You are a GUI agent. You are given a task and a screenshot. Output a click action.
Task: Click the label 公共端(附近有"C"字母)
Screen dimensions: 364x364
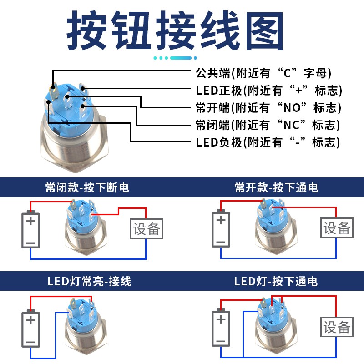coord(263,73)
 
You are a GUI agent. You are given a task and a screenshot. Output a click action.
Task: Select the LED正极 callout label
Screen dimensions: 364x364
coord(269,90)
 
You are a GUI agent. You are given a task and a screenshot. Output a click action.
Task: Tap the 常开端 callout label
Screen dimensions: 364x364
coord(268,108)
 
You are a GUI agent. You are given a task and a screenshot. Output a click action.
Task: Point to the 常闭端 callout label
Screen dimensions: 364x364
coord(268,125)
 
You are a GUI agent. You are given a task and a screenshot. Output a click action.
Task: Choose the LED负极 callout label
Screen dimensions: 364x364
coord(268,142)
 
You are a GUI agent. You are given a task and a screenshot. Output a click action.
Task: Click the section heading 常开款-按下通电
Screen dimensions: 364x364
coord(276,187)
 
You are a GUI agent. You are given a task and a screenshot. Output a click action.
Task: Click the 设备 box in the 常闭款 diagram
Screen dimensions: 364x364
coord(147,229)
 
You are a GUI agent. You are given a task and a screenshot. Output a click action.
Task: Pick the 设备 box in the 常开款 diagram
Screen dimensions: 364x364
coord(337,228)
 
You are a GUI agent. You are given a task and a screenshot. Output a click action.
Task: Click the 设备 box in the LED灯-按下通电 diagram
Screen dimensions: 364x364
coord(337,327)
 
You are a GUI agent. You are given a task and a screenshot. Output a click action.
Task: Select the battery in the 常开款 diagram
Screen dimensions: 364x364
coord(221,229)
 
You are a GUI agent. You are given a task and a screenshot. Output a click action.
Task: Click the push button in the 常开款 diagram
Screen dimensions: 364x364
coord(271,227)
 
